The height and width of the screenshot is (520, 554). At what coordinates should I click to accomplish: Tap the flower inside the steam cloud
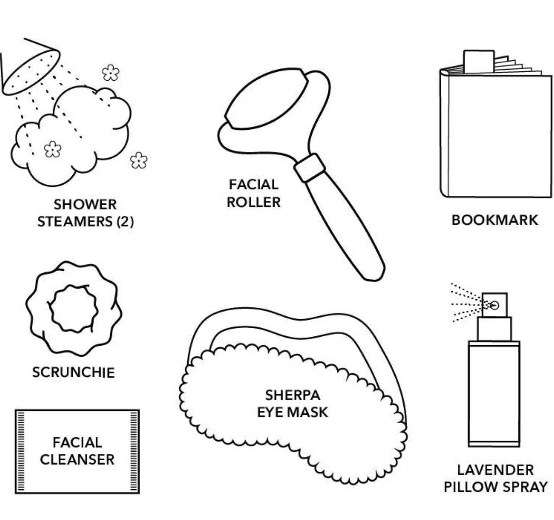pyautogui.click(x=53, y=149)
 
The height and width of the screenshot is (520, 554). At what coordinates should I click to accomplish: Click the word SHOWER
pyautogui.click(x=85, y=205)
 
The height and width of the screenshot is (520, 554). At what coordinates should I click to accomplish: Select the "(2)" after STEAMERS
pyautogui.click(x=125, y=222)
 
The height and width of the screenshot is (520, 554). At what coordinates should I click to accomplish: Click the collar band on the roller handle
pyautogui.click(x=310, y=168)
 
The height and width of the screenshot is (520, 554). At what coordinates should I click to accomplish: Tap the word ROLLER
pyautogui.click(x=253, y=202)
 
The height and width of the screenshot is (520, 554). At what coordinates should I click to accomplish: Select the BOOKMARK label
pyautogui.click(x=495, y=220)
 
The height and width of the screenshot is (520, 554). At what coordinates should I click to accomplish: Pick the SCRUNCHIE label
pyautogui.click(x=73, y=372)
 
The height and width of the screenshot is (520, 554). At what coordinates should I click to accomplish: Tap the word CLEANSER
pyautogui.click(x=77, y=459)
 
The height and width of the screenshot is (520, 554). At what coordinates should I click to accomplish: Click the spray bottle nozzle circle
pyautogui.click(x=494, y=305)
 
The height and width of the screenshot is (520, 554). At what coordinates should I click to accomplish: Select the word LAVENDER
pyautogui.click(x=495, y=470)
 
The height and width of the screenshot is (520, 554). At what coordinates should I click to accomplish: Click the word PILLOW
pyautogui.click(x=469, y=487)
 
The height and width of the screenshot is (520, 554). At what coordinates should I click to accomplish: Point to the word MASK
pyautogui.click(x=310, y=412)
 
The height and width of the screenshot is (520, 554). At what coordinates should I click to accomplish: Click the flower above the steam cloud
pyautogui.click(x=110, y=72)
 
